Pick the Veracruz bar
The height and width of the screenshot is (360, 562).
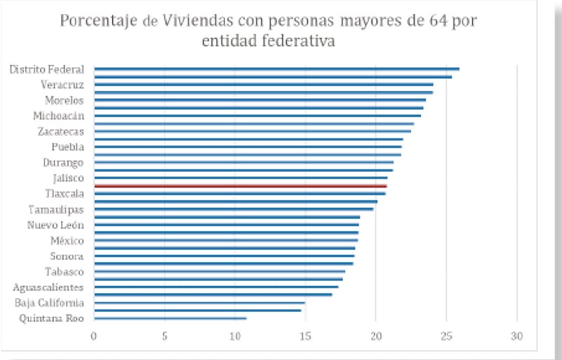click(263, 84)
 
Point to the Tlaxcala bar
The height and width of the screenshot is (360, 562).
click(240, 193)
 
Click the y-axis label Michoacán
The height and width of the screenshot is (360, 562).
click(58, 115)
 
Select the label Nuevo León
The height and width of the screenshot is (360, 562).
click(55, 225)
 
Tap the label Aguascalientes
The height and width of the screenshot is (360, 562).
click(48, 287)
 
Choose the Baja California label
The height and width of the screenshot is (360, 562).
click(49, 302)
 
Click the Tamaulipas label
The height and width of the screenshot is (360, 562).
click(56, 209)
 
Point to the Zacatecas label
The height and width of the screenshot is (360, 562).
click(60, 131)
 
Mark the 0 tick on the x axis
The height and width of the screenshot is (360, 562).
click(94, 335)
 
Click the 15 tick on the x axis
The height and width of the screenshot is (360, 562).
click(305, 335)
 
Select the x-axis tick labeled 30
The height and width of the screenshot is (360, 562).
click(517, 335)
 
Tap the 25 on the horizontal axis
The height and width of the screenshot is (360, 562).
click(446, 335)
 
